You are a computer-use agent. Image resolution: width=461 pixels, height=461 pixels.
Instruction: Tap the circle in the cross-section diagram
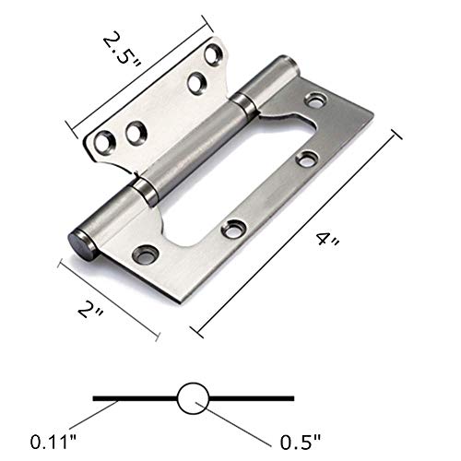pyautogui.click(x=193, y=397)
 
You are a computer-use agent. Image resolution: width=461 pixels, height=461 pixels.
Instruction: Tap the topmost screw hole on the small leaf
pyautogui.click(x=195, y=83)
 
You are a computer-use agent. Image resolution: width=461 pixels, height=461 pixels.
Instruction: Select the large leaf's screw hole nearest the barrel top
pyautogui.click(x=318, y=97)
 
